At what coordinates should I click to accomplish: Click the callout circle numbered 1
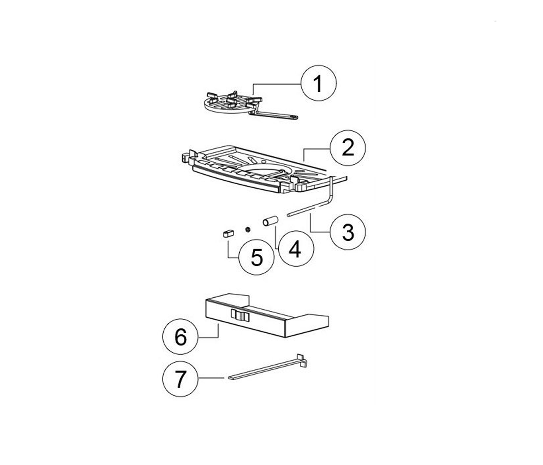coord(319,83)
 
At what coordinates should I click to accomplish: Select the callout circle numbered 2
coord(348,148)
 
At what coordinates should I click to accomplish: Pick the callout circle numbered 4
coord(296,249)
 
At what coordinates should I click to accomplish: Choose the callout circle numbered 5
coord(257,257)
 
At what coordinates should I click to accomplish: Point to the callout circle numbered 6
coord(181,337)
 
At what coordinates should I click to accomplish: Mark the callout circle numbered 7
coord(181,379)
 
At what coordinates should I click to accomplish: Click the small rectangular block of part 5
coord(228,234)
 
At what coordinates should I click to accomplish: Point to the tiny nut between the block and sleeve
coord(247,230)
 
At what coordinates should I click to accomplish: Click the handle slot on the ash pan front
coord(240,315)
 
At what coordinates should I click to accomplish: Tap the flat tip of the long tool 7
coord(232,378)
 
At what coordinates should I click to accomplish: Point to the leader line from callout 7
coord(211,378)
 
